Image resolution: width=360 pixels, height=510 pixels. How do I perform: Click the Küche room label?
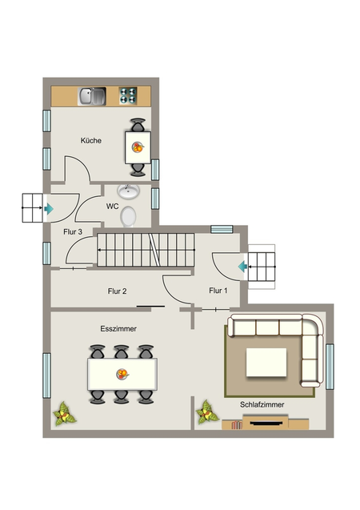coord(91,141)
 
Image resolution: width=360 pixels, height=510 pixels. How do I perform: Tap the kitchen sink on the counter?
coord(92,96)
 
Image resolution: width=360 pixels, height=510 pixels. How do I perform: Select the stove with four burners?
coord(128,95)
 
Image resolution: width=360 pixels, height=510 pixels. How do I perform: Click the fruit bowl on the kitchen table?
coord(138,147)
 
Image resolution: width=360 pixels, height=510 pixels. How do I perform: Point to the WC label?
coord(113,207)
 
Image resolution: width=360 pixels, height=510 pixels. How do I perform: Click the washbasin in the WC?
coord(128,191)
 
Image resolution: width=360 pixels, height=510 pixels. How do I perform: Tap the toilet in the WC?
coord(128,217)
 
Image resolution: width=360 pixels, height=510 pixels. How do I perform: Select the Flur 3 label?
coord(73,232)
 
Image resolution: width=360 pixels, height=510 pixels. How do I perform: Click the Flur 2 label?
coord(117,291)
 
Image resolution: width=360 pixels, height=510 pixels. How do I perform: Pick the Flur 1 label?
coord(218,291)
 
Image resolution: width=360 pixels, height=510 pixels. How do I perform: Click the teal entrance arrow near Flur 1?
coord(242,267)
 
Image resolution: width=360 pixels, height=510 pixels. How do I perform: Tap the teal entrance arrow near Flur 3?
coord(49,208)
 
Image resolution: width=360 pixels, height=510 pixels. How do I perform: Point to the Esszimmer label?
coord(118,329)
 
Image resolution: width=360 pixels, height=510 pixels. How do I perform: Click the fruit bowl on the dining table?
coord(122,374)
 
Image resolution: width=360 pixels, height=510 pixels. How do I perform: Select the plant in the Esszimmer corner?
coord(64,414)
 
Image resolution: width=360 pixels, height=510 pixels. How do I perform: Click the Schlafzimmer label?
coord(262,404)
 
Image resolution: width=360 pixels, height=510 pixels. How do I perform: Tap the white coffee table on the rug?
coord(266,363)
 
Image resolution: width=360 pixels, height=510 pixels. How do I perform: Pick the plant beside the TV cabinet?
coord(207,412)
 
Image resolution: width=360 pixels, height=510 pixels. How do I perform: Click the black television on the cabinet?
coord(266,424)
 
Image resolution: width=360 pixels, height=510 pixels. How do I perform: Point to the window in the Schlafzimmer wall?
coord(330,367)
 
